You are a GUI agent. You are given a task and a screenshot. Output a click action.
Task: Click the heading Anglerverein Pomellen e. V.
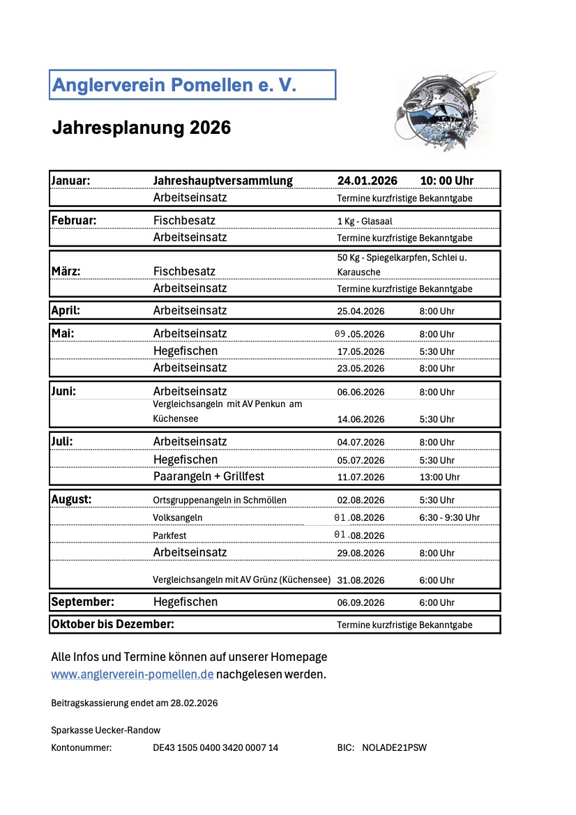[174, 85]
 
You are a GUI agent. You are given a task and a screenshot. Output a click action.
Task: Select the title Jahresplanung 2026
[142, 128]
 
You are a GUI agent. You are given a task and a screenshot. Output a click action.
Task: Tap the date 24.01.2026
[367, 181]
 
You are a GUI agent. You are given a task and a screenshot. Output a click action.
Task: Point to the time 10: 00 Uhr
[446, 181]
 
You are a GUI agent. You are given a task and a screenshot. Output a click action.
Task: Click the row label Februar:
[74, 220]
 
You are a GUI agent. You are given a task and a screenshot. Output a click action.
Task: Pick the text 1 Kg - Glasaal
[365, 221]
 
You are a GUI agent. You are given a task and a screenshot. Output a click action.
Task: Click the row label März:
[66, 271]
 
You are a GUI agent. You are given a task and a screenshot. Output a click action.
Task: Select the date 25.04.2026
[361, 311]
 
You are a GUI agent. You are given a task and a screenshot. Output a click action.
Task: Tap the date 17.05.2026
[361, 351]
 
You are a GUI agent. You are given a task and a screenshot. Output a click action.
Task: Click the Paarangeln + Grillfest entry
[209, 477]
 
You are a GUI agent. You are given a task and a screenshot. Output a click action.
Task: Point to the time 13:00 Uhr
[439, 478]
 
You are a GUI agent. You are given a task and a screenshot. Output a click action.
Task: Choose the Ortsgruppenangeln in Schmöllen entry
[220, 500]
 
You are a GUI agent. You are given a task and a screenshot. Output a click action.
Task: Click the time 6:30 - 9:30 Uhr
[449, 517]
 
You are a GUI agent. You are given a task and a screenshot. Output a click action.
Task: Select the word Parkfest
[169, 535]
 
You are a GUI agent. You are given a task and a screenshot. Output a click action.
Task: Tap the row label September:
[82, 602]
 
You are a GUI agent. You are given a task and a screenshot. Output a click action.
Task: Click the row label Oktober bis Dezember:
[112, 624]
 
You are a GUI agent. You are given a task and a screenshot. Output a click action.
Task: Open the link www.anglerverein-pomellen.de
[132, 674]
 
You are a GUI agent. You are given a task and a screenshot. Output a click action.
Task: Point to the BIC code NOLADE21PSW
[394, 748]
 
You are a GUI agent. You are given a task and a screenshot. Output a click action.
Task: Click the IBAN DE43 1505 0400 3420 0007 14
[215, 748]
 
